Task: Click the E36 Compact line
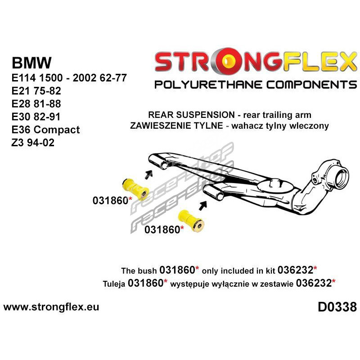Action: [x=45, y=130]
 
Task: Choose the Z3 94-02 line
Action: [x=34, y=143]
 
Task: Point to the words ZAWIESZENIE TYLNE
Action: [x=176, y=126]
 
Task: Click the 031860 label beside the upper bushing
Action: [x=111, y=201]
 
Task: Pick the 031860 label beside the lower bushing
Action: [x=162, y=229]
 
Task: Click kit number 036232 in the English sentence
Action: [x=297, y=271]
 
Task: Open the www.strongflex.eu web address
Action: [x=51, y=307]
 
